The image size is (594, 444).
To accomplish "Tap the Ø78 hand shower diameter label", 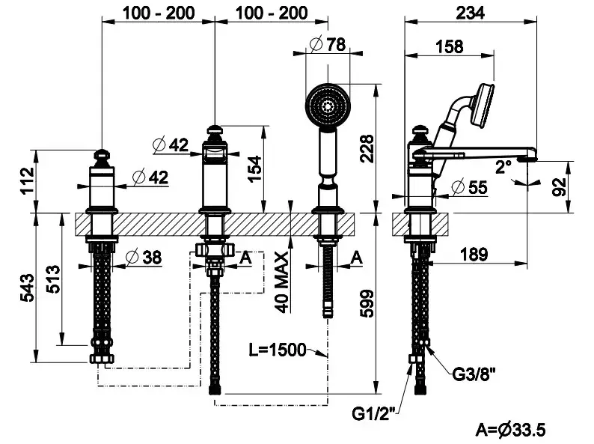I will (x=328, y=44).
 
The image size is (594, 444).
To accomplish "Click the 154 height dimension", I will (x=255, y=168).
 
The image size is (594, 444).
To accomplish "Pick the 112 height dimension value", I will (x=26, y=180).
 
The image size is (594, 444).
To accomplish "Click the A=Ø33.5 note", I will (x=511, y=430).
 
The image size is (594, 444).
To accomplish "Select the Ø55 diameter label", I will (x=471, y=186).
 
